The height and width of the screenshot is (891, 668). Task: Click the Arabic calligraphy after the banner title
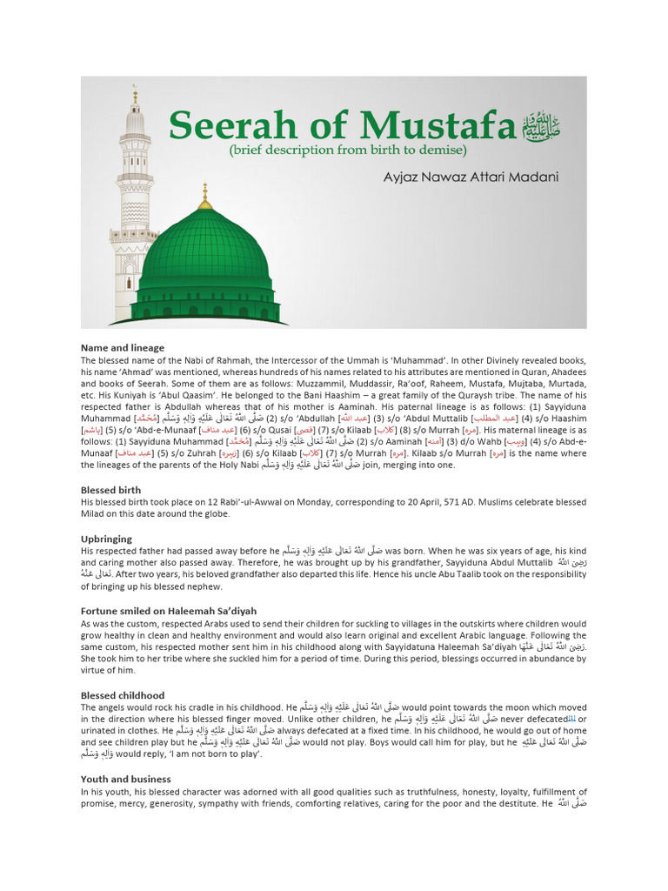(540, 127)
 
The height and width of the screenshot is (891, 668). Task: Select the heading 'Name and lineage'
(123, 348)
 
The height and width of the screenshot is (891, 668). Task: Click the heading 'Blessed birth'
(111, 491)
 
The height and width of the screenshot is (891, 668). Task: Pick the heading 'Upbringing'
(106, 539)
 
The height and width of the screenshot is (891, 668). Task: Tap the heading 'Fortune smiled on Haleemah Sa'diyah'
(169, 611)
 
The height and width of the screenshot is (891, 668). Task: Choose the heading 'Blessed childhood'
(123, 695)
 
